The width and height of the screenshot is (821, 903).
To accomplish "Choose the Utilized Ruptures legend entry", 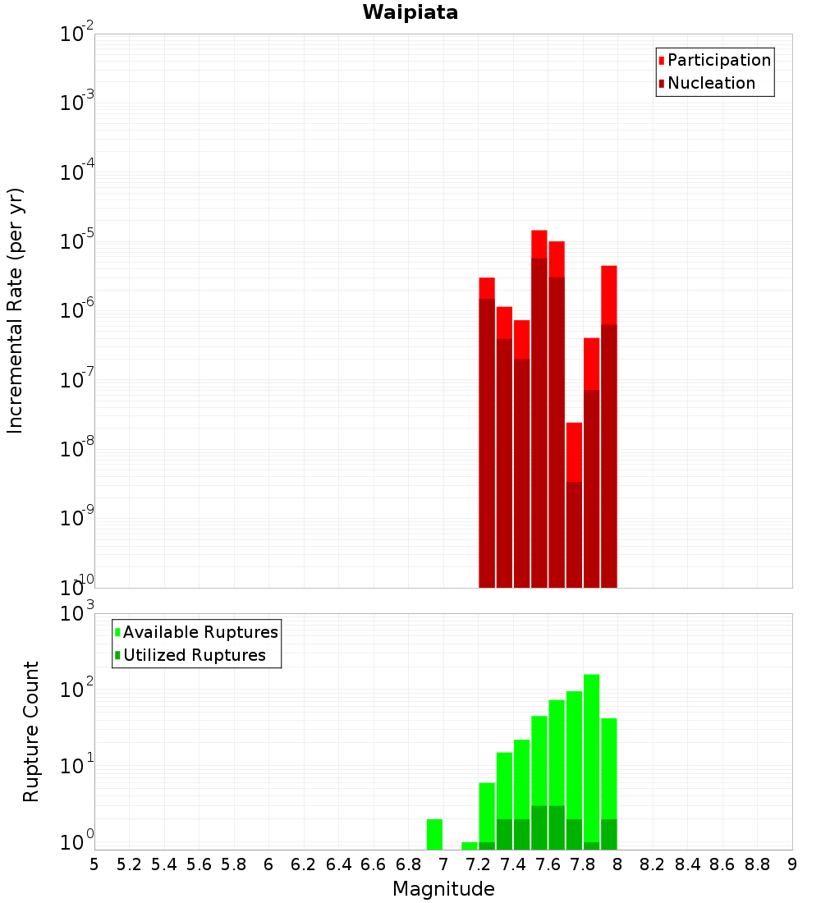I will (x=194, y=655).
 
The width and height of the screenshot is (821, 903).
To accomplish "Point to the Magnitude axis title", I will (x=443, y=889).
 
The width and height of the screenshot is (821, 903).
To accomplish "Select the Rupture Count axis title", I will (x=31, y=731).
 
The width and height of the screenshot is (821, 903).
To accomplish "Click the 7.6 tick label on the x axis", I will (x=548, y=864).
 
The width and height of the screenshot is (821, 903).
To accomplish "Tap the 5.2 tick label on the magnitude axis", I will (x=129, y=864).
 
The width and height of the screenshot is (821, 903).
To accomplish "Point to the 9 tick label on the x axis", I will (x=792, y=864).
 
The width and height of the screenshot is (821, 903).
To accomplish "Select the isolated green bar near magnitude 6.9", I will (x=434, y=834).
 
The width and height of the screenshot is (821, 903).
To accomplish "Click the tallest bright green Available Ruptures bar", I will (x=591, y=755).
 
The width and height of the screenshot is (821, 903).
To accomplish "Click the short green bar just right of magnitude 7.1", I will (x=470, y=846).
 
